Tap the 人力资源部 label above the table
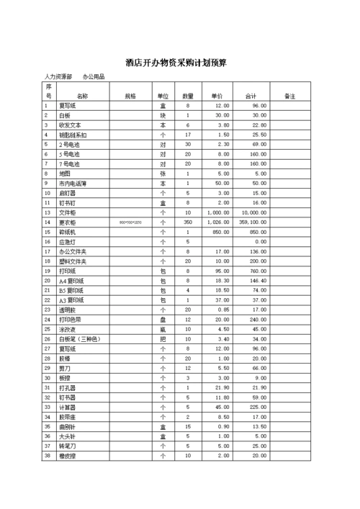tap(58, 76)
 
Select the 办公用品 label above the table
tap(94, 76)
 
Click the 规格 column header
tap(130, 95)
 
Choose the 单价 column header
tap(217, 95)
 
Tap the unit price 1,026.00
tap(218, 222)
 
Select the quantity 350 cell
tap(188, 222)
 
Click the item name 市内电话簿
tap(72, 184)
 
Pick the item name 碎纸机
tap(66, 232)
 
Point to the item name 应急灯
tap(66, 242)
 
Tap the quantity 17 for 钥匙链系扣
tap(188, 135)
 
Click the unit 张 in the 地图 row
tap(163, 174)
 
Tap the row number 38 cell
tap(48, 455)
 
